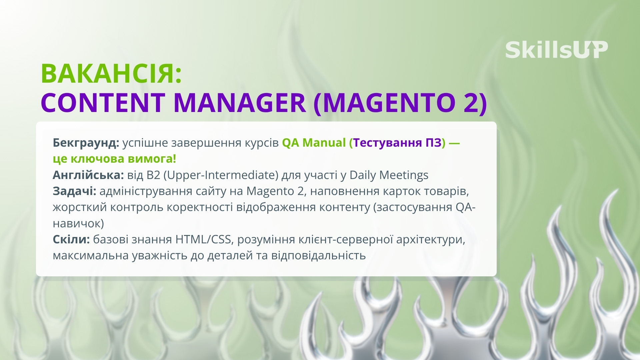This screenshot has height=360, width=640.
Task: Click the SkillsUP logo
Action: pyautogui.click(x=556, y=50)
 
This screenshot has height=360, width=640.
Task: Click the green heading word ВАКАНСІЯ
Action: pyautogui.click(x=111, y=74)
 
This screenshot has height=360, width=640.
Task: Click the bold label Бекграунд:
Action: pyautogui.click(x=86, y=143)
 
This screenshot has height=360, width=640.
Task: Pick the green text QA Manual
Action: pyautogui.click(x=314, y=143)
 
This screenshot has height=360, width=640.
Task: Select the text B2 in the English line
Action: pyautogui.click(x=153, y=175)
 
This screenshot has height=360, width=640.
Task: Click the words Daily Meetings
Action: pyautogui.click(x=389, y=175)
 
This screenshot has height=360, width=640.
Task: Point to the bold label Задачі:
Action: pyautogui.click(x=74, y=191)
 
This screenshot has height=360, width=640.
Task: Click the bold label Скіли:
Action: pyautogui.click(x=71, y=239)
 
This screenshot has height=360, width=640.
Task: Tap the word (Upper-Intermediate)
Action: pyautogui.click(x=221, y=175)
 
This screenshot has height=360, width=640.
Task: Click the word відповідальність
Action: pyautogui.click(x=318, y=255)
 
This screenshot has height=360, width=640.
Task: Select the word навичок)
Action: pyautogui.click(x=78, y=223)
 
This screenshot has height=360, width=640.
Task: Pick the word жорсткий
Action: pyautogui.click(x=80, y=207)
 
